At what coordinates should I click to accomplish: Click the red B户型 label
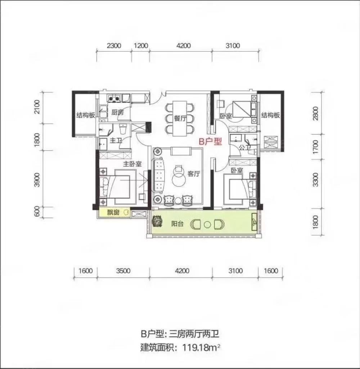pos(211,141)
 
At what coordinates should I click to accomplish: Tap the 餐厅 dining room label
pos(180,119)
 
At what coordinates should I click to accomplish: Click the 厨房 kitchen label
pos(117,113)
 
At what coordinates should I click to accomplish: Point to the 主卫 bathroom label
pos(115,140)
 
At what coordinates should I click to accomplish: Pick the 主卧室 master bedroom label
pos(132,164)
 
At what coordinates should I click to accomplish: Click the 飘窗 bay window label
pos(113,213)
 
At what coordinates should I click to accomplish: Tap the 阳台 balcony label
pos(178,224)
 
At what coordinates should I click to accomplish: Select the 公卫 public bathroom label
pos(244,147)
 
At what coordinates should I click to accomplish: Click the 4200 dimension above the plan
pos(183,46)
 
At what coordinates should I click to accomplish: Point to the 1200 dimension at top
pos(141,46)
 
